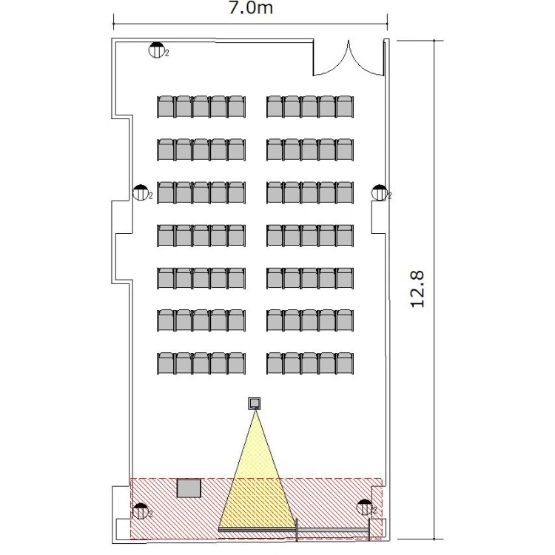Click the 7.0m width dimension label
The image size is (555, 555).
[x=251, y=8]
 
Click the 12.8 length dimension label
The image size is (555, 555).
[x=417, y=289]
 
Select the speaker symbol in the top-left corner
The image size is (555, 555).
[x=156, y=50]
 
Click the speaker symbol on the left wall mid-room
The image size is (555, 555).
[x=140, y=192]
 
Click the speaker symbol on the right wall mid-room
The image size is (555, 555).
[x=380, y=192]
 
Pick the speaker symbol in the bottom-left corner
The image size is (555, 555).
[x=140, y=511]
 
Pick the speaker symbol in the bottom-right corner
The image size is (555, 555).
[x=364, y=507]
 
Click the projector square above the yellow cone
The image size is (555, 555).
[x=254, y=403]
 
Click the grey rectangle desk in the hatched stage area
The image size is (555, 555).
[x=189, y=488]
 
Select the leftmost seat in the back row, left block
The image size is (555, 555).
[x=166, y=107]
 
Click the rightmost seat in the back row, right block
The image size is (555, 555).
[x=345, y=107]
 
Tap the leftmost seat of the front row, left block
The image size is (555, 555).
[x=166, y=363]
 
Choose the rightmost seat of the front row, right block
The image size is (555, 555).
[x=345, y=363]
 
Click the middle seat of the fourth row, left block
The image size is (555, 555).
[x=201, y=235]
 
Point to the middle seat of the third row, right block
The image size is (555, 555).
[x=310, y=192]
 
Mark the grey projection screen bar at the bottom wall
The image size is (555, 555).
[x=293, y=530]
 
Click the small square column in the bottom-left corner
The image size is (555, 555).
[x=123, y=529]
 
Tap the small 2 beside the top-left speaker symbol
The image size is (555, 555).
[x=167, y=53]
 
